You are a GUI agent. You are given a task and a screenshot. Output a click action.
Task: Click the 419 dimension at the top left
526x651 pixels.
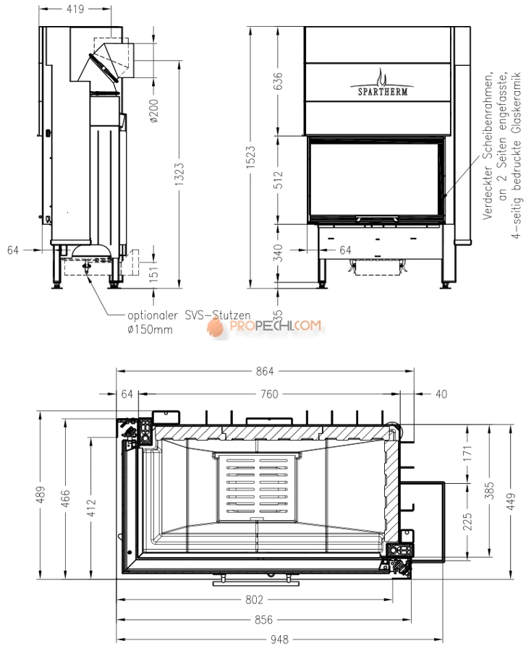[x=75, y=9]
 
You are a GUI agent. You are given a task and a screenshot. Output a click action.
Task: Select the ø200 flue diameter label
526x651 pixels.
[x=154, y=111]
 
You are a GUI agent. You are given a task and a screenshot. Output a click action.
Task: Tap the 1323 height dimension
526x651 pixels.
[x=179, y=174]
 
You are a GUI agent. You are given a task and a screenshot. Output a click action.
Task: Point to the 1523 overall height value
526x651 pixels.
[x=251, y=158]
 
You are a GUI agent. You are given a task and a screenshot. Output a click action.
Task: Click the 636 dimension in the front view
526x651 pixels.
[x=279, y=81]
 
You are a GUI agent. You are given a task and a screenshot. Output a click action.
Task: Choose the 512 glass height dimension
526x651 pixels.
[x=279, y=180]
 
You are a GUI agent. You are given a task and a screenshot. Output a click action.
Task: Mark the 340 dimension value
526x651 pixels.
[x=279, y=253]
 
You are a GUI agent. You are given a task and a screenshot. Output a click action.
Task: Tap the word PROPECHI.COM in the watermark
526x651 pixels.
[x=275, y=325]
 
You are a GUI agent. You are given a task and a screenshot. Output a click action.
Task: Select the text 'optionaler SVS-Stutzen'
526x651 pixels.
[x=189, y=315]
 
